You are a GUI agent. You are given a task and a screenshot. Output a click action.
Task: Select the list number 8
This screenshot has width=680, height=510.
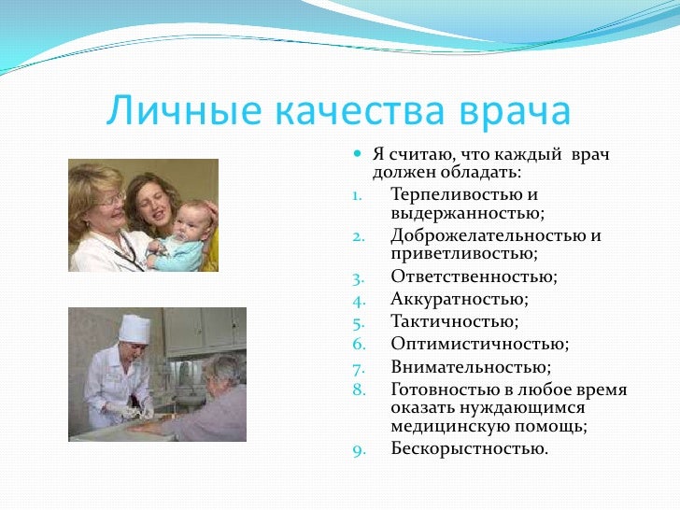click(358, 390)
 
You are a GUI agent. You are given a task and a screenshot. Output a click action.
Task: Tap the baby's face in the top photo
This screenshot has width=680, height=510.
click(177, 222)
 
